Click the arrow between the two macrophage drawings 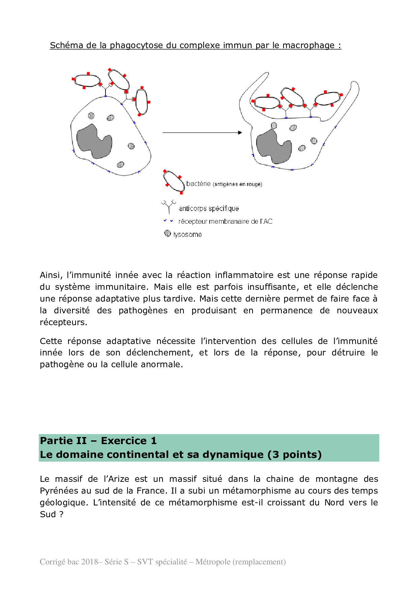tap(202, 133)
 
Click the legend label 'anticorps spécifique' tap(209, 209)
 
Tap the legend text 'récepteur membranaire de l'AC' tap(225, 221)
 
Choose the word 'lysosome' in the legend tap(187, 235)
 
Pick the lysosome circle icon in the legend tap(168, 233)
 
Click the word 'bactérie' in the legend tap(198, 184)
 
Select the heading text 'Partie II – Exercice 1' tap(98, 441)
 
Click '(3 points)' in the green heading tap(295, 455)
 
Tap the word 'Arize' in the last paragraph tap(116, 479)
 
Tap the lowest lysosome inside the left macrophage tap(120, 165)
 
